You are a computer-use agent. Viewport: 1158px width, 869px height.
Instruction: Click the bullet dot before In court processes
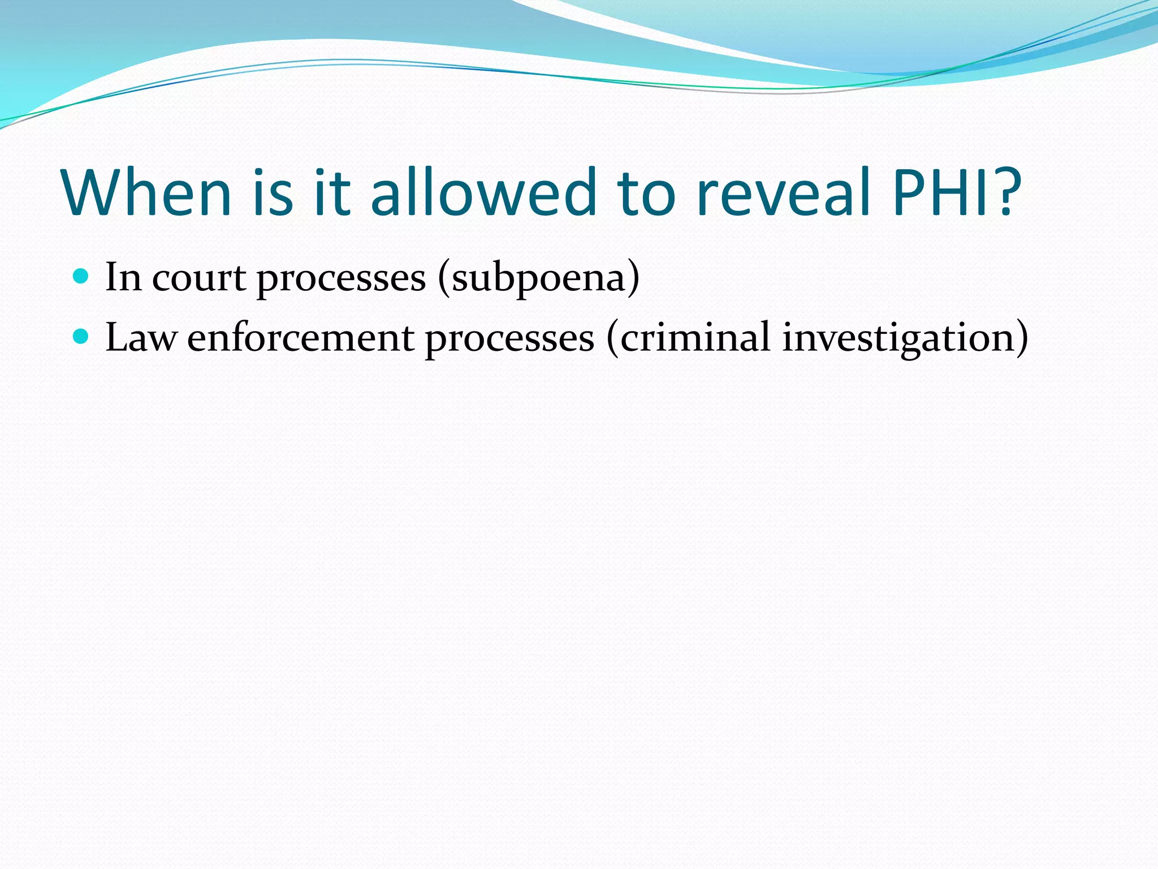tap(81, 277)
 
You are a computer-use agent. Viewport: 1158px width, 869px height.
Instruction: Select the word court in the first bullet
tap(198, 278)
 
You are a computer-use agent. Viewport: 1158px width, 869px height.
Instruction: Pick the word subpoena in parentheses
tap(539, 278)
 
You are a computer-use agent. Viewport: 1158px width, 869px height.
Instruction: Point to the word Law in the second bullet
tap(141, 338)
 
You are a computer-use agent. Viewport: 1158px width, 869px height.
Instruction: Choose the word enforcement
tap(300, 338)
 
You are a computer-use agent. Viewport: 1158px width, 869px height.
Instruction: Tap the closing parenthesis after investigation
tap(1021, 338)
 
